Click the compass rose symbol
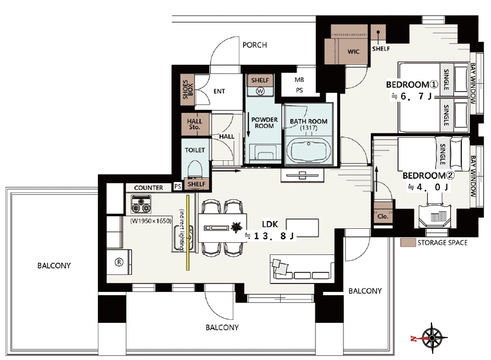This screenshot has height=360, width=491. click(432, 338)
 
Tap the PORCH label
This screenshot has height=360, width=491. click(255, 45)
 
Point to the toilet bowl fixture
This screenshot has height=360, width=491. click(195, 170)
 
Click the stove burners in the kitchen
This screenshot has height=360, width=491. click(141, 204)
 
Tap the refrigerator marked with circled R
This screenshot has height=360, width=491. click(119, 262)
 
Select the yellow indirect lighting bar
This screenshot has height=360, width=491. click(188, 233)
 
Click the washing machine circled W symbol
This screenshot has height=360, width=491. click(260, 91)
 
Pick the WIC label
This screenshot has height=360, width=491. click(353, 52)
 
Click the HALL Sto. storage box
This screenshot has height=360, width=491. click(195, 124)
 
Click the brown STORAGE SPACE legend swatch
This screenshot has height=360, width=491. click(408, 243)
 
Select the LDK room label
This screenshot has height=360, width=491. click(270, 224)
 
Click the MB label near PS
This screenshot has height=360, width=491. click(300, 80)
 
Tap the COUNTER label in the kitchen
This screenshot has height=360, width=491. click(148, 188)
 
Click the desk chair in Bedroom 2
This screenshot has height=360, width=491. click(435, 216)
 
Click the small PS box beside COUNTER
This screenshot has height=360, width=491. click(177, 186)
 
